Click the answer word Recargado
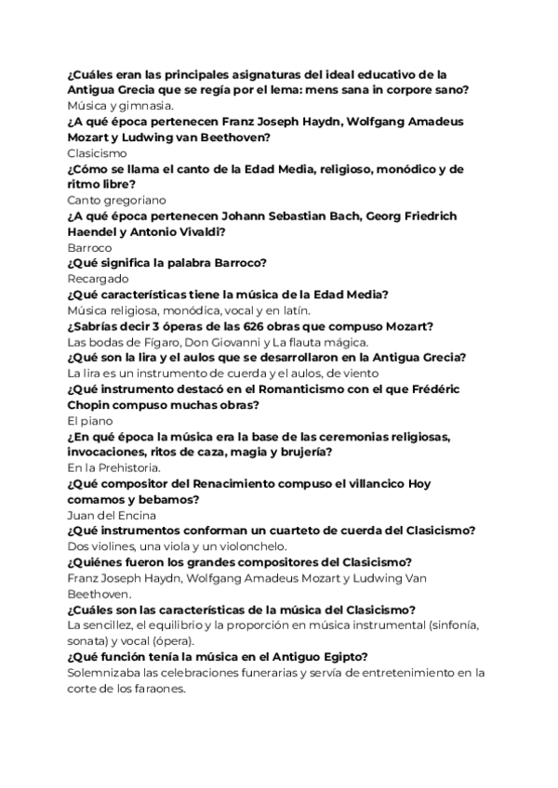click(98, 279)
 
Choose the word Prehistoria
click(125, 468)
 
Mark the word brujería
click(304, 452)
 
